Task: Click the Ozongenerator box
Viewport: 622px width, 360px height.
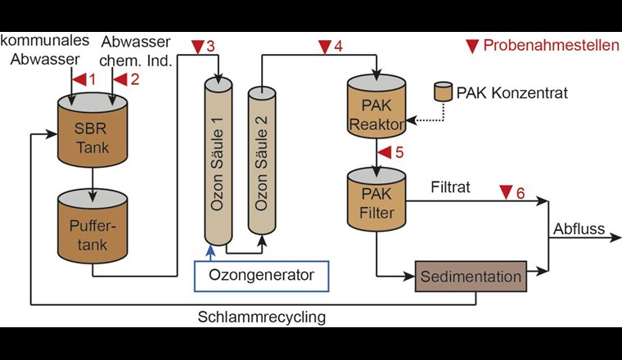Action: point(261,276)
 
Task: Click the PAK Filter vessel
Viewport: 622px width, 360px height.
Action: point(376,200)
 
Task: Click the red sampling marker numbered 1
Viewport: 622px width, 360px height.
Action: point(79,80)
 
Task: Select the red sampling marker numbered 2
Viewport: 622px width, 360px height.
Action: point(119,80)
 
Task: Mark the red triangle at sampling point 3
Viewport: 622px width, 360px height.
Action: point(196,47)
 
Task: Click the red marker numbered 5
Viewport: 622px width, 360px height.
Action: point(383,152)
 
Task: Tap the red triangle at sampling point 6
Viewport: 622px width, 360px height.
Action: point(503,192)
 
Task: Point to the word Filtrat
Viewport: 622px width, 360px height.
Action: point(450,187)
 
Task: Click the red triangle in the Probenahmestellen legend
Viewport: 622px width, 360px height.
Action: point(472,47)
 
